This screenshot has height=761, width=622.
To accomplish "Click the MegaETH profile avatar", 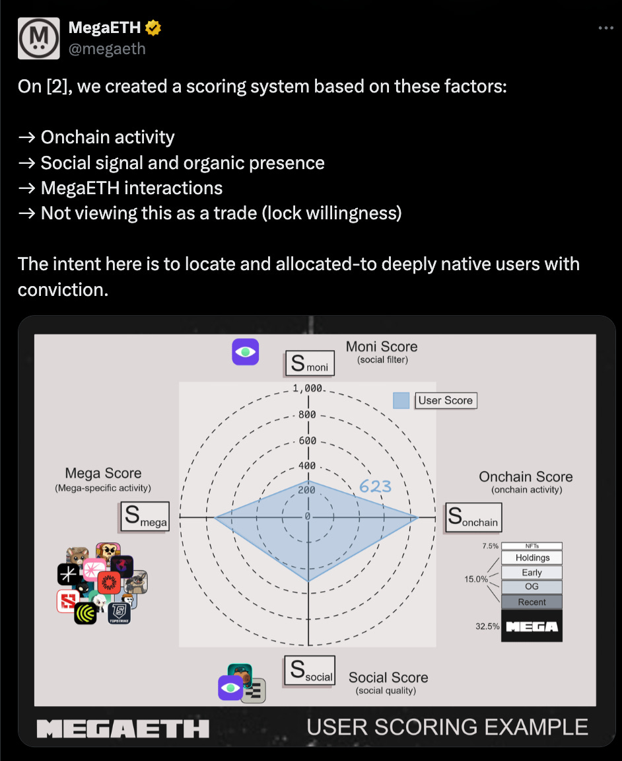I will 39,38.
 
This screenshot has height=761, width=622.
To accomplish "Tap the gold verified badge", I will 153,28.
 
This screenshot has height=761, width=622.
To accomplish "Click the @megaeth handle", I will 107,49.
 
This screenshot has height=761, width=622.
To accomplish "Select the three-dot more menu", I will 605,28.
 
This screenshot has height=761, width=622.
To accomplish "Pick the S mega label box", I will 144,517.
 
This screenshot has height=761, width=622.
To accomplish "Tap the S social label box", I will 309,670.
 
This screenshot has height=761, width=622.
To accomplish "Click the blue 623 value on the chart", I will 375,487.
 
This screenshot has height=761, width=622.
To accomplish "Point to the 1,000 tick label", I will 308,388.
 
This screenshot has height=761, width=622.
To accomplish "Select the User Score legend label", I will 445,400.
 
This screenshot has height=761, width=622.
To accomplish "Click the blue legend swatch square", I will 401,400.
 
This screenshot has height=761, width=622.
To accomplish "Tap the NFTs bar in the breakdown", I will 532,546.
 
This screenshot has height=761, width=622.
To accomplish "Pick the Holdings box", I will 532,558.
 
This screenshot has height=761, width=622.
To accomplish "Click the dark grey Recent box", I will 532,602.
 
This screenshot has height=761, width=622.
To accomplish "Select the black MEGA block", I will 532,626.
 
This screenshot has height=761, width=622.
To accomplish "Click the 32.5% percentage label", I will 487,626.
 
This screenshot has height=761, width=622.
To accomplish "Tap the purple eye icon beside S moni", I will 245,352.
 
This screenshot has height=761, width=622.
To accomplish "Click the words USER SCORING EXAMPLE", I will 447,727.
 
